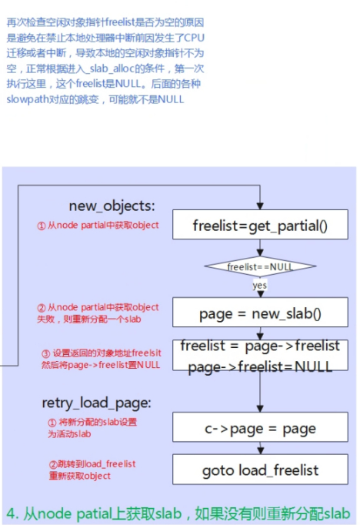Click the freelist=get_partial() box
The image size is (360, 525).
(x=260, y=224)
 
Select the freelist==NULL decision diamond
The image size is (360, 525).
(x=260, y=266)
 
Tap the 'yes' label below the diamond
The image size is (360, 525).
(x=260, y=286)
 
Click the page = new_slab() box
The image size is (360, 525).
(x=260, y=312)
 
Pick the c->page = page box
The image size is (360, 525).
(x=260, y=427)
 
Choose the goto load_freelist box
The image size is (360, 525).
(x=260, y=470)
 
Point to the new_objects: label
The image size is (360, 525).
(x=112, y=206)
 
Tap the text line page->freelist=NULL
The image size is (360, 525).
(x=260, y=367)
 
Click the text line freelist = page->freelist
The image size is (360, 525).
(x=260, y=346)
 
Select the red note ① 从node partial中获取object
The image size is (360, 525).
(x=98, y=225)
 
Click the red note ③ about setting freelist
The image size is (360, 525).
(x=101, y=359)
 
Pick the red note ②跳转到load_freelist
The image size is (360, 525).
(x=92, y=470)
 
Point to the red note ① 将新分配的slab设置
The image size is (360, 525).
(x=92, y=428)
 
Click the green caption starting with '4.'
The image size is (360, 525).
(x=178, y=513)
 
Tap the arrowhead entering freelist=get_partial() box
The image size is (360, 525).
(x=260, y=206)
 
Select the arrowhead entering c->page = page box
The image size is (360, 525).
(x=260, y=409)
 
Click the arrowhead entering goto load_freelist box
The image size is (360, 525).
(x=260, y=450)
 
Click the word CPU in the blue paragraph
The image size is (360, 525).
(x=194, y=38)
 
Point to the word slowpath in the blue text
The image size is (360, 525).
(x=28, y=99)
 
